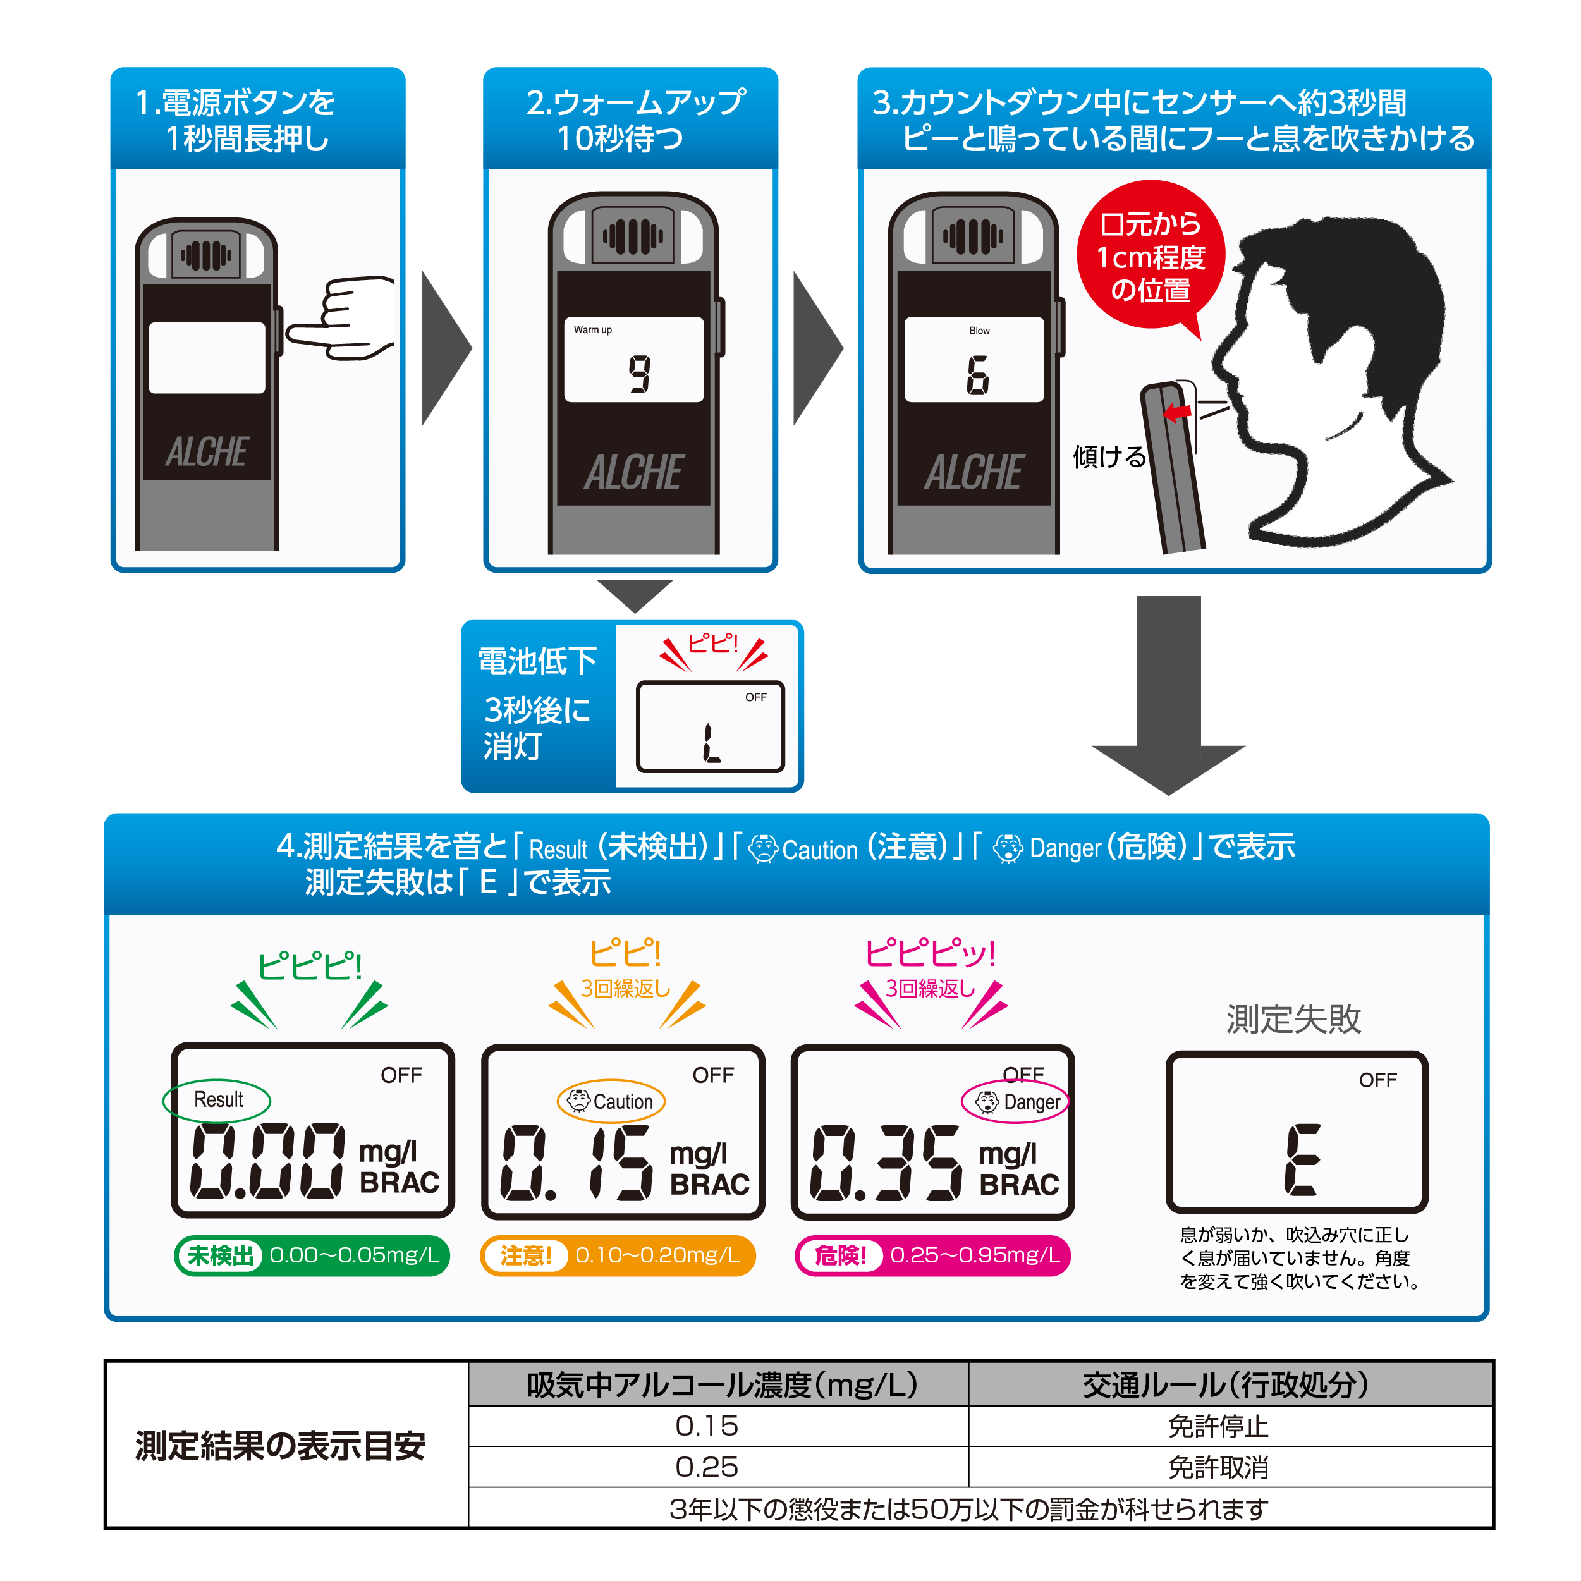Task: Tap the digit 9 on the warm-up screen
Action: [640, 374]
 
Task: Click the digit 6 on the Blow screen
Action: [977, 375]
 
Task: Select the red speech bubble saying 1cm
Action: [1150, 256]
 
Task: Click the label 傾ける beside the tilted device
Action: [1109, 456]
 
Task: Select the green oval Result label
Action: [217, 1100]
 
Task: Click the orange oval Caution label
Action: [611, 1101]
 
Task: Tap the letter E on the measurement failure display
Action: [1300, 1159]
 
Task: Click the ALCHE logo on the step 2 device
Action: [633, 472]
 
